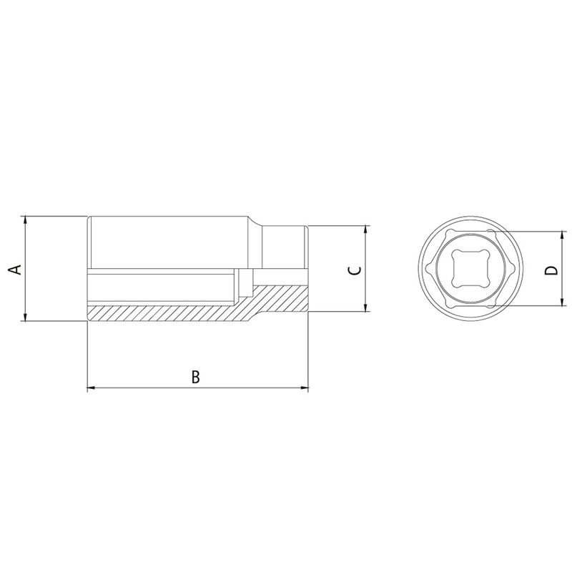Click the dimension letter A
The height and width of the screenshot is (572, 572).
pyautogui.click(x=14, y=269)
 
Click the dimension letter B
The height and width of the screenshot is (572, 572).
pyautogui.click(x=195, y=376)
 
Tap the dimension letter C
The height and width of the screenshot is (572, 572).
pyautogui.click(x=353, y=270)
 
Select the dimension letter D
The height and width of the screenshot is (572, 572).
pyautogui.click(x=550, y=270)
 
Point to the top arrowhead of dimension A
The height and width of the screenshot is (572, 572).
pyautogui.click(x=26, y=219)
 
